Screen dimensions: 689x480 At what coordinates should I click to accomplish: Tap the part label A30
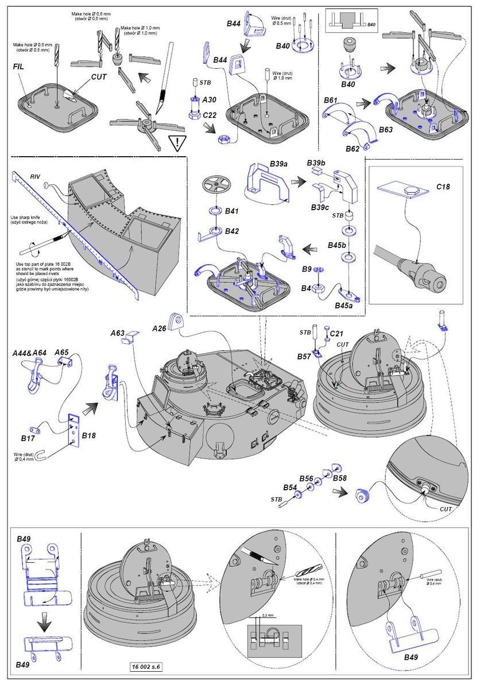[x=209, y=99]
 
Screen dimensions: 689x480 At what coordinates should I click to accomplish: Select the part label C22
[x=209, y=115]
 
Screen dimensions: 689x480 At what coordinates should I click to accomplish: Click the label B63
[x=386, y=130]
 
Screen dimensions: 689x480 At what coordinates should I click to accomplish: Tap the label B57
[x=305, y=357]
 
